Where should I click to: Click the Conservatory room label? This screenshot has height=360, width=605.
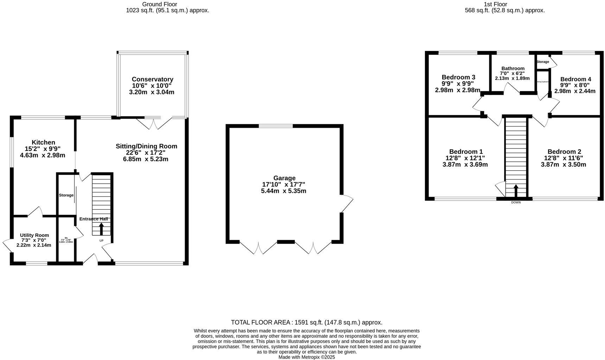click(152, 80)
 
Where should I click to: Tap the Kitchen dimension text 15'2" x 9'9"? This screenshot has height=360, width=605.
click(43, 149)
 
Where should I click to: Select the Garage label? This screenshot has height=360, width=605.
click(284, 178)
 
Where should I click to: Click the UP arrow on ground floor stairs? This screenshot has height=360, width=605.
click(101, 229)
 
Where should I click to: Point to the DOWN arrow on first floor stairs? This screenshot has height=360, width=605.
click(516, 191)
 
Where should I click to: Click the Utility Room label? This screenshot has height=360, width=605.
click(34, 235)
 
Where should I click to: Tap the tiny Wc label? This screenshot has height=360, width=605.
click(66, 238)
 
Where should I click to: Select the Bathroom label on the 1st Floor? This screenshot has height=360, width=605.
click(513, 68)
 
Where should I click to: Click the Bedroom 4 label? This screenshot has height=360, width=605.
click(575, 79)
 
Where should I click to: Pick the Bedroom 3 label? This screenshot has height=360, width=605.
click(458, 77)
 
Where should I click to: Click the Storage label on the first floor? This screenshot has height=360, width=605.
click(543, 62)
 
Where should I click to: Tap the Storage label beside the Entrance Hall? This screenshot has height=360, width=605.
click(66, 195)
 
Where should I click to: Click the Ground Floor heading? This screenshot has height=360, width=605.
click(159, 4)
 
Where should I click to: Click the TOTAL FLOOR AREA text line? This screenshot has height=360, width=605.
click(306, 322)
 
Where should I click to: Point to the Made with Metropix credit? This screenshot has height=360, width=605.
click(306, 357)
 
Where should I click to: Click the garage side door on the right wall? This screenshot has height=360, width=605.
click(346, 203)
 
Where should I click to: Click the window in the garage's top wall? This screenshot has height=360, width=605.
click(276, 126)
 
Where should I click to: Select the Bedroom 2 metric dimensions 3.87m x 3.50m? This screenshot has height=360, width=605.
click(563, 164)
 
